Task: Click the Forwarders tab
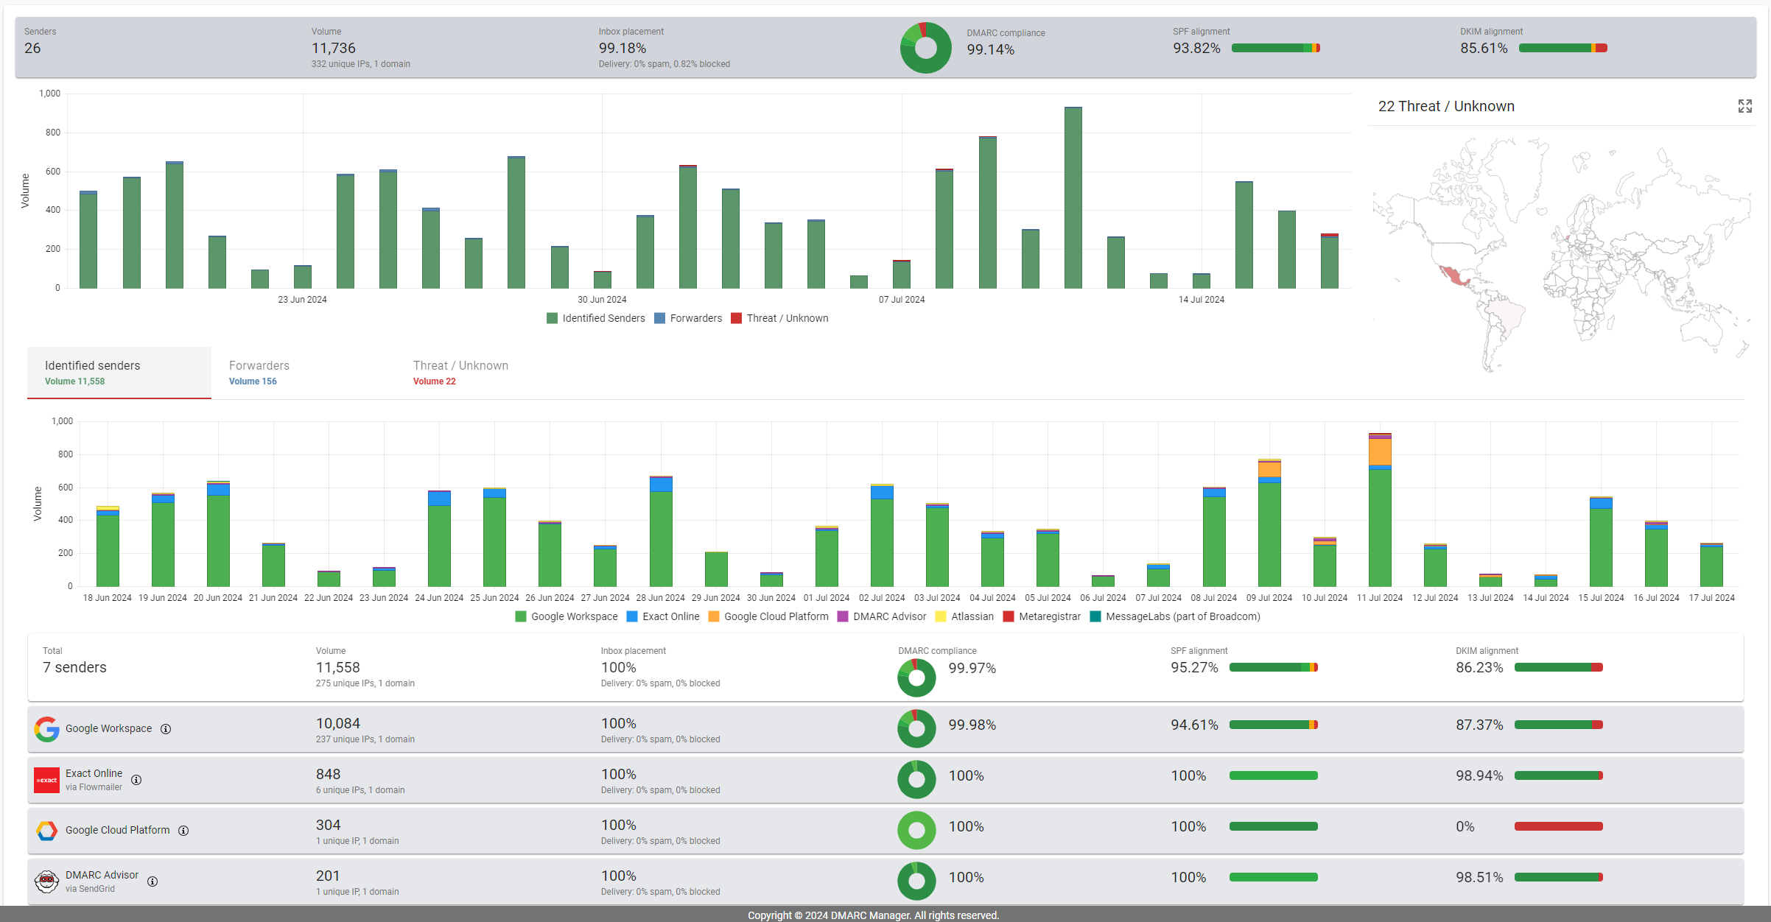(259, 372)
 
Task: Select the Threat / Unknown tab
(460, 372)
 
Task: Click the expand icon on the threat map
(1744, 106)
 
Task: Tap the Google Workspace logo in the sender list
(47, 729)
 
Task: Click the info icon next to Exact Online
(136, 780)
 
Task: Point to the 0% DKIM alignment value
(1465, 826)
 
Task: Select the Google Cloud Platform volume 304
(328, 825)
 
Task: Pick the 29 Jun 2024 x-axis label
(715, 598)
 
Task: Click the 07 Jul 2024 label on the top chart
(902, 300)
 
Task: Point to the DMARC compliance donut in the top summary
(925, 48)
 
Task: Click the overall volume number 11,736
(333, 48)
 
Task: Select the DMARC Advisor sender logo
(46, 881)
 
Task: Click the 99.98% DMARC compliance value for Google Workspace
(972, 725)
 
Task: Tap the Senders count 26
(32, 48)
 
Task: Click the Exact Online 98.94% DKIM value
(1479, 775)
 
